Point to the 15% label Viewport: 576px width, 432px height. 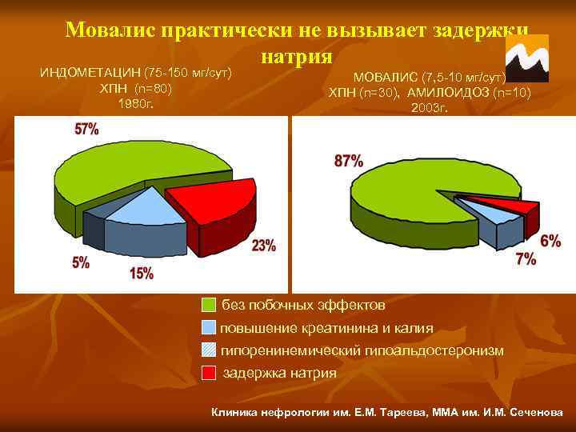[x=141, y=274]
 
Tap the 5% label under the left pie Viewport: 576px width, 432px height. [x=81, y=262]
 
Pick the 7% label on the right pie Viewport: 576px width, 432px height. [x=526, y=259]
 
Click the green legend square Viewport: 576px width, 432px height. [x=209, y=306]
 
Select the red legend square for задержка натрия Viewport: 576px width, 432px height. [x=209, y=373]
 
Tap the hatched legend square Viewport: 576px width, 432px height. [x=209, y=350]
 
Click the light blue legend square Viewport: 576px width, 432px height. [x=209, y=328]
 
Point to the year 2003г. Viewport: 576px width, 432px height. [x=430, y=107]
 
